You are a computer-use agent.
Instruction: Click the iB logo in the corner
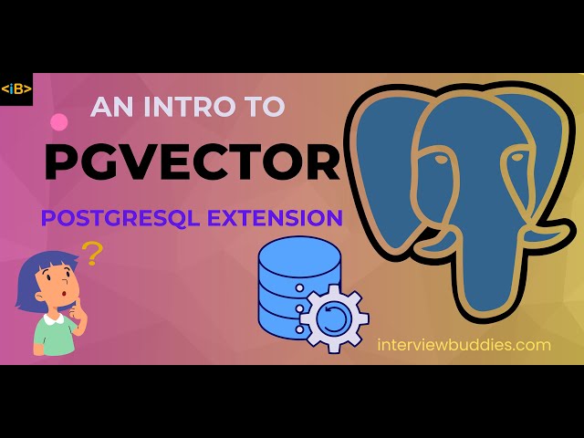coord(16,89)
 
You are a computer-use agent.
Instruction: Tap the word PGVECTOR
coord(192,162)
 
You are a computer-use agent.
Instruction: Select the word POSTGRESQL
coord(129,218)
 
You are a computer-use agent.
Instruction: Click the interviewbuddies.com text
coord(464,345)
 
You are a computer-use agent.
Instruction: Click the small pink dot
coord(59,121)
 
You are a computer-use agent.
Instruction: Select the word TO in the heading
coord(267,107)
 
